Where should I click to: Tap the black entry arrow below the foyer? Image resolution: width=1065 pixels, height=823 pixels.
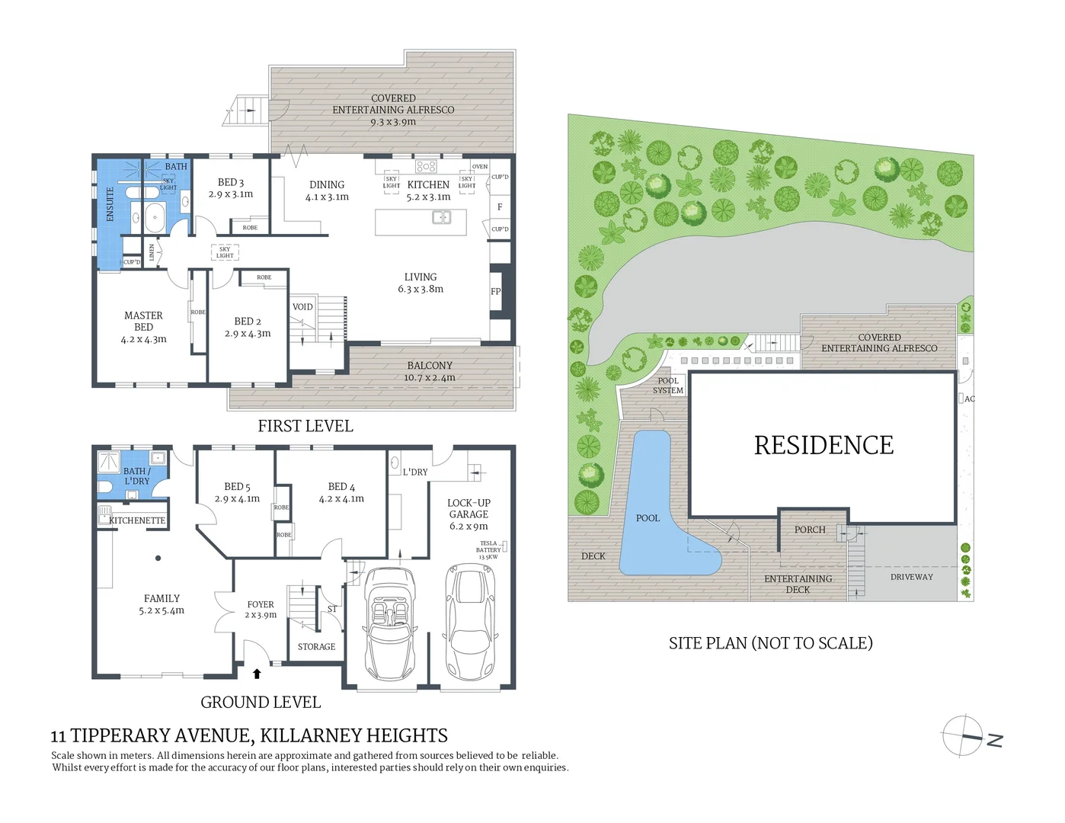257,674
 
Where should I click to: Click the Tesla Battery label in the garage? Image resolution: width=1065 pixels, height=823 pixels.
488,550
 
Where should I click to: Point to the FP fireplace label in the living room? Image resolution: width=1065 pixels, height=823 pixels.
496,291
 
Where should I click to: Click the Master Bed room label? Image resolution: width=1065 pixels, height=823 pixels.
143,321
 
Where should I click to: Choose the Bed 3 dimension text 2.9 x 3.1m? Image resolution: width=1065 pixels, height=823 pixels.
231,194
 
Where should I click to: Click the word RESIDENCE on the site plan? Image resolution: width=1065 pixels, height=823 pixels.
824,445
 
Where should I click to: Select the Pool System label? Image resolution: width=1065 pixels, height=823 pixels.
668,386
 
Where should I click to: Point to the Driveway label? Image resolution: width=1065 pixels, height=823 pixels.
911,577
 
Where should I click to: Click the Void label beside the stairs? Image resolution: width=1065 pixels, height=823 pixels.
302,307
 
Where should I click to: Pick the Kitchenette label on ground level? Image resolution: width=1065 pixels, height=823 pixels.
137,520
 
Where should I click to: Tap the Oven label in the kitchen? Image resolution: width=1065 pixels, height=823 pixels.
479,166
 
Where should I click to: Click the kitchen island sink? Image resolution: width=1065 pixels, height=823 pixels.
442,218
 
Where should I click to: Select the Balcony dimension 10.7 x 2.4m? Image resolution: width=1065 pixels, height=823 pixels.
430,377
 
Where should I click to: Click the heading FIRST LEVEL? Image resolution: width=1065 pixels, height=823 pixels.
305,426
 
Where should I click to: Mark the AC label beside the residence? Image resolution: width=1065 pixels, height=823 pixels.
969,399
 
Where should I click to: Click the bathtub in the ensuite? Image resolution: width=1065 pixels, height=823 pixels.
155,217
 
